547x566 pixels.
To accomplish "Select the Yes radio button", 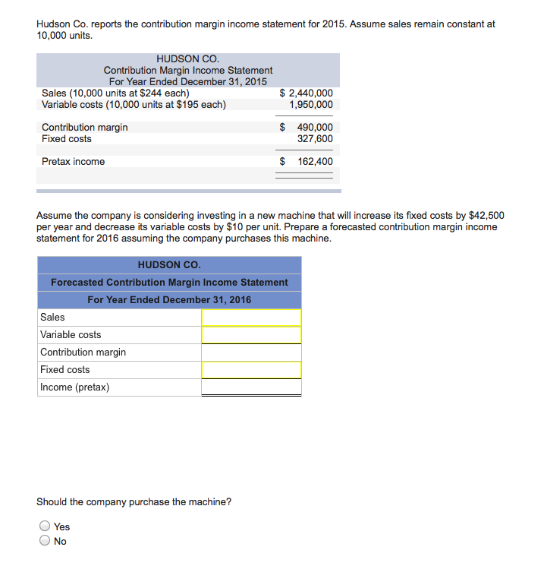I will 46,526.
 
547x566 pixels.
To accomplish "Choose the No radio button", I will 46,541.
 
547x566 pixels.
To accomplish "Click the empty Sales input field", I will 251,318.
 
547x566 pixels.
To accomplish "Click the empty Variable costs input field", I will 251,335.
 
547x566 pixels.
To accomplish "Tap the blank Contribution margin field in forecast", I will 251,353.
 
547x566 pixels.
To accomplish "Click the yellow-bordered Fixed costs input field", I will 251,370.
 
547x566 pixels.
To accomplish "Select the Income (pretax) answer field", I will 251,387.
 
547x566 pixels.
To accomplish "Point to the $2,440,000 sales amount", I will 307,93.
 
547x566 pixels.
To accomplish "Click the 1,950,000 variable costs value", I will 311,105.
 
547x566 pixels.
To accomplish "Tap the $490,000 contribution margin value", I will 307,128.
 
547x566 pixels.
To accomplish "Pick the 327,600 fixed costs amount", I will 315,139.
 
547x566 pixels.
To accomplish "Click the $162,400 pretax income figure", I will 307,162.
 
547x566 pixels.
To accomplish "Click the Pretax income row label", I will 74,162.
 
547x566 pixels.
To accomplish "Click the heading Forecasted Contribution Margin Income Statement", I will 169,283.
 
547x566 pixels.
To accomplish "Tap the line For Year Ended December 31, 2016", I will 169,300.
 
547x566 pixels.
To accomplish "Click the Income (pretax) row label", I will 74,387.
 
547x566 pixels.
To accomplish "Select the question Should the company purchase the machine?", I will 134,502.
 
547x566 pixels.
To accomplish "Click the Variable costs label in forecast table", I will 71,335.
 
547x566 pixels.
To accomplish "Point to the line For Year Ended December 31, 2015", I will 188,82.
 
